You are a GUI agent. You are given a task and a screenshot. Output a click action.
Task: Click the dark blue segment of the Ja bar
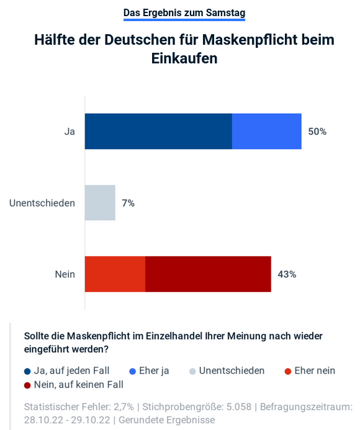(158, 131)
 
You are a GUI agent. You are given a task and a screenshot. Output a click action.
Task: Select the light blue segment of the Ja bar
(266, 131)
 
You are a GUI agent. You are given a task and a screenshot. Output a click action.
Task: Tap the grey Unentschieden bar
(100, 203)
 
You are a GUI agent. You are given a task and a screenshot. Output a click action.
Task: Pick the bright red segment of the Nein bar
(115, 274)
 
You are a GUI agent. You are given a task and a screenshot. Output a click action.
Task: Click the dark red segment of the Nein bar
(208, 274)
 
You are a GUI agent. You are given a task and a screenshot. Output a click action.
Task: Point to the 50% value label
(317, 132)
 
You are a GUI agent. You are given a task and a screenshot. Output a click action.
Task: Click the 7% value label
(128, 203)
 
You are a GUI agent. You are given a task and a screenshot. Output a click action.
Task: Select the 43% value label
(286, 275)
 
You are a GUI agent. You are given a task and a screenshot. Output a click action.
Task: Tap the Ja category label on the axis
(70, 132)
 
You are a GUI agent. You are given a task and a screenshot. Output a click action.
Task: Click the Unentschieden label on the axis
(42, 203)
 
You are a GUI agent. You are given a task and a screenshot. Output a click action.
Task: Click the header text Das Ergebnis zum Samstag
(184, 12)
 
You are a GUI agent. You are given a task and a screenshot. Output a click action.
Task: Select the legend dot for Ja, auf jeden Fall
(27, 372)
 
